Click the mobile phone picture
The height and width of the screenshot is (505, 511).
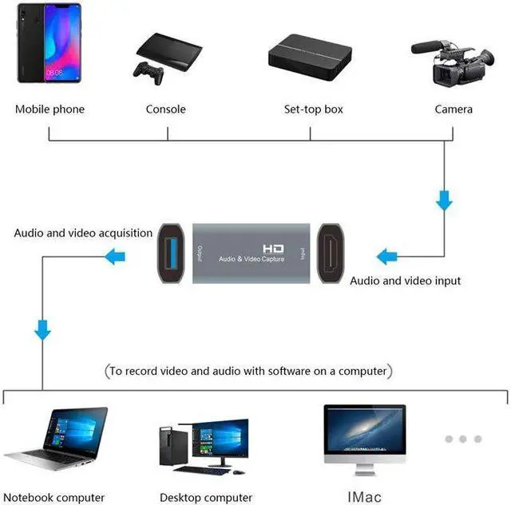click(49, 47)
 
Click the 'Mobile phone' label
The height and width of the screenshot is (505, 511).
click(50, 109)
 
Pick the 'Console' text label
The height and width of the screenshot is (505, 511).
click(165, 109)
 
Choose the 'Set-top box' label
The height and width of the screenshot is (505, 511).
click(314, 109)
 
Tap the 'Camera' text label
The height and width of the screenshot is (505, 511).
click(454, 109)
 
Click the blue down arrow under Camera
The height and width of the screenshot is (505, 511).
click(445, 200)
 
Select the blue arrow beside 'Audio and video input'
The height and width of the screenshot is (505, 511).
click(388, 257)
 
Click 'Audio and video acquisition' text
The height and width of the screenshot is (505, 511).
click(83, 233)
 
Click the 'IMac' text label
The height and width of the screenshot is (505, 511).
click(365, 497)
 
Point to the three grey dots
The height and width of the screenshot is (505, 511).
click(464, 439)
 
